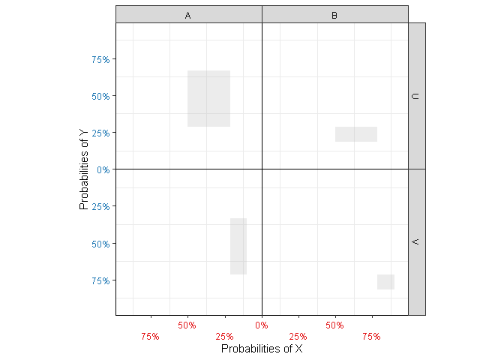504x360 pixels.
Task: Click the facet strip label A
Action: click(x=187, y=15)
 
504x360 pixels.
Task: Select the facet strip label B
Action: click(x=334, y=15)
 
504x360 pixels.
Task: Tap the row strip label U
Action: click(x=416, y=96)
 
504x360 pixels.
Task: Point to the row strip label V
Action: click(x=416, y=241)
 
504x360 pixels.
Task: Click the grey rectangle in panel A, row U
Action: click(x=208, y=98)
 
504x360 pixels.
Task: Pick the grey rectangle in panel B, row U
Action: click(x=355, y=134)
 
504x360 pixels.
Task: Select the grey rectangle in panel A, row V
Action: click(x=238, y=246)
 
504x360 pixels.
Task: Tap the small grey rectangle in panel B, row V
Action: click(x=385, y=282)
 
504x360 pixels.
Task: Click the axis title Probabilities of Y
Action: click(x=85, y=169)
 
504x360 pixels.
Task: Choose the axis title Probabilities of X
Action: click(x=262, y=349)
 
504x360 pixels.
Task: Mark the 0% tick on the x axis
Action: click(x=262, y=325)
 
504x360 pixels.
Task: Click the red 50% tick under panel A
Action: click(x=187, y=325)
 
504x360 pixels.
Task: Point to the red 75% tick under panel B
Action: click(x=371, y=337)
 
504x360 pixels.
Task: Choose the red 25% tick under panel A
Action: click(x=224, y=337)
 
